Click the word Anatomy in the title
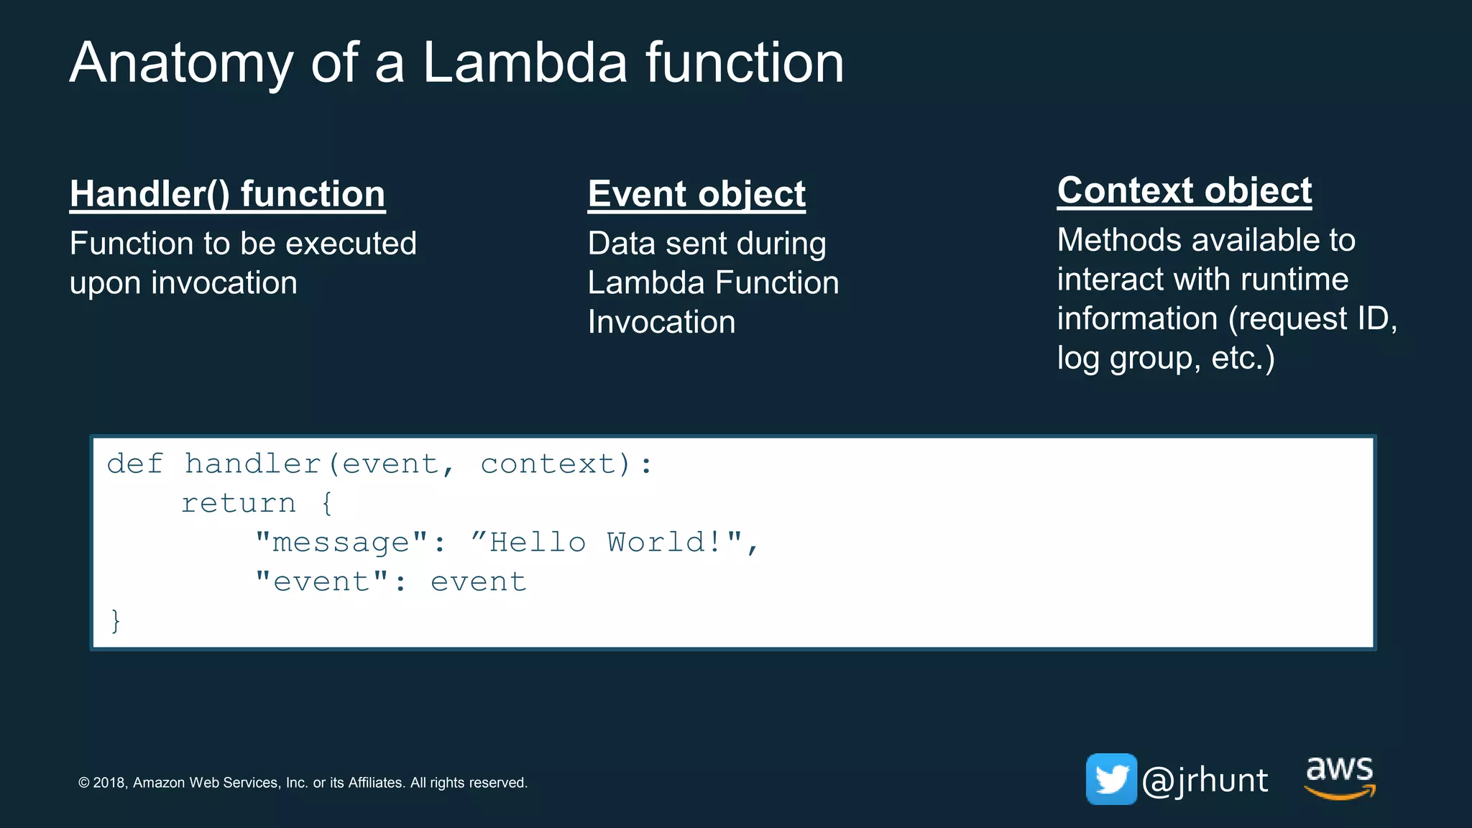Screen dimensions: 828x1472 click(181, 63)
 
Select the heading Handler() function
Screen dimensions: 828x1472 click(227, 194)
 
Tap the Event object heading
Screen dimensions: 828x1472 click(696, 194)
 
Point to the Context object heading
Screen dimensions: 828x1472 click(1184, 190)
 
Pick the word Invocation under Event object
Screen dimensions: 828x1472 click(661, 322)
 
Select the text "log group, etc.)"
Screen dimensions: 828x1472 click(1165, 358)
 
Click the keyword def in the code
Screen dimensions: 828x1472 click(135, 464)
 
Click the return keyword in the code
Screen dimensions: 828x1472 click(238, 503)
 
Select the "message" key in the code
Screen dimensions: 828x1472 click(341, 543)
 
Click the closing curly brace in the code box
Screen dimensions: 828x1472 click(116, 620)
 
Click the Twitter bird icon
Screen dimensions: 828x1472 click(1110, 779)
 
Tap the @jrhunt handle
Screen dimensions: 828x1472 click(1205, 781)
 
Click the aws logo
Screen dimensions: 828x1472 click(1339, 776)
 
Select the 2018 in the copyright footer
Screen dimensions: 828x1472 click(109, 783)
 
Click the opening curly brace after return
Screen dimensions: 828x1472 click(327, 503)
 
